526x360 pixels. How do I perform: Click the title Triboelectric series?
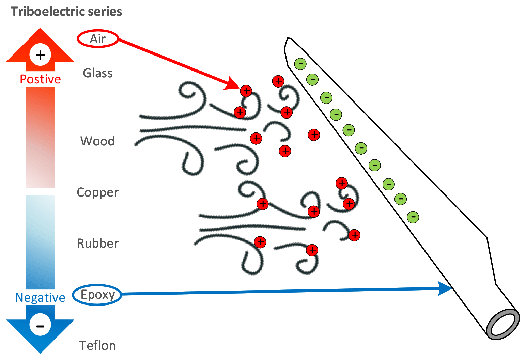66,12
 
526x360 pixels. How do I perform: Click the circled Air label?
98,39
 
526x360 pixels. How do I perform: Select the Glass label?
98,73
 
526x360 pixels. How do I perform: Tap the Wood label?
97,141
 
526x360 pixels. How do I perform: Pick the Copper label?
98,192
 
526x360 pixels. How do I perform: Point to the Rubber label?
98,243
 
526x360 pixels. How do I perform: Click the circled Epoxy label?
97,295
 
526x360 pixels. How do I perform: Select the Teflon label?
98,345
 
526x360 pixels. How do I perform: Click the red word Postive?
40,79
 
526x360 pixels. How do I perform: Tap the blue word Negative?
40,297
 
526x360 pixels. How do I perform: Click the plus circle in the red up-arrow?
40,54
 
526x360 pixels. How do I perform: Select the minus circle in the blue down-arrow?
40,325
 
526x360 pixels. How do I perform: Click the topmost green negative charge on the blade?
300,64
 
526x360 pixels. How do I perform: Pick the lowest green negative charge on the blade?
413,217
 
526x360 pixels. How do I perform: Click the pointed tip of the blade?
288,39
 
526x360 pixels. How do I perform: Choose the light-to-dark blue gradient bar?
40,242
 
